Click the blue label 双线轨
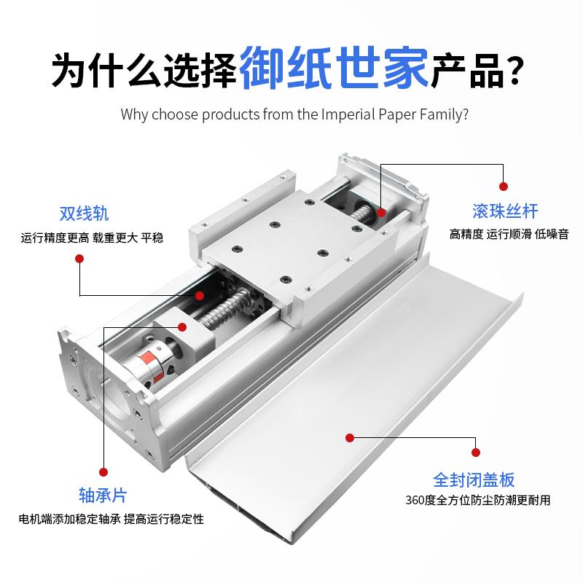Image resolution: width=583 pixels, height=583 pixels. (84, 214)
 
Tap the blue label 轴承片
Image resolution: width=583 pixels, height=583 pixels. (102, 496)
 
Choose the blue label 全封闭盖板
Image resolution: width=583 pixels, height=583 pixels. (474, 480)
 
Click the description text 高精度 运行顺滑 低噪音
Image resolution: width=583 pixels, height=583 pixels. (509, 234)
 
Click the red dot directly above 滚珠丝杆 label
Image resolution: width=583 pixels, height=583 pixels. (502, 187)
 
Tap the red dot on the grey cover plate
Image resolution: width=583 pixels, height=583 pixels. (349, 438)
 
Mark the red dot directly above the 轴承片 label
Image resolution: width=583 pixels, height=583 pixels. (103, 472)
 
